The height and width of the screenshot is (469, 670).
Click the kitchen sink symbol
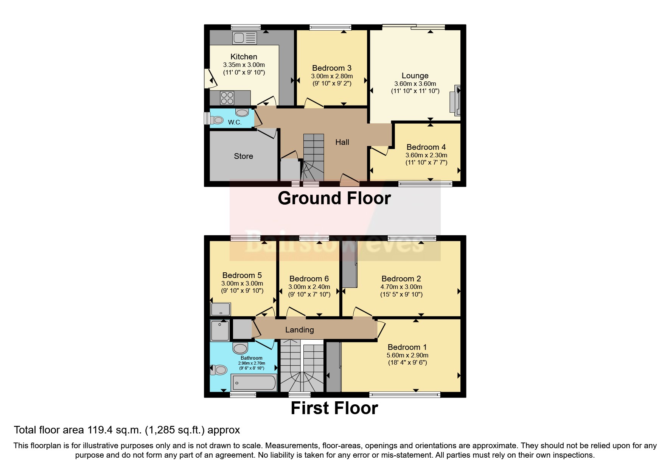point(245,38)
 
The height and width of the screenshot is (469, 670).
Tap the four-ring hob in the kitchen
point(227,98)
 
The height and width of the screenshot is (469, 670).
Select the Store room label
point(243,156)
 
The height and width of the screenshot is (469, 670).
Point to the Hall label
point(342,142)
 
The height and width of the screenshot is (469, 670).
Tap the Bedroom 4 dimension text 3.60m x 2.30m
point(426,155)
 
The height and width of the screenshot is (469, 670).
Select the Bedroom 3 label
point(331,68)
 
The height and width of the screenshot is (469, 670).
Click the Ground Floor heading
point(334,199)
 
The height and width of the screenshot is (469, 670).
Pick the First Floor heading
point(334,408)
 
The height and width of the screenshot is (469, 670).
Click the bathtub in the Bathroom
point(254,382)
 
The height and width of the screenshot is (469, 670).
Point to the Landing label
point(299,330)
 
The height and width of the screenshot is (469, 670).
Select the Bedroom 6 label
point(309,279)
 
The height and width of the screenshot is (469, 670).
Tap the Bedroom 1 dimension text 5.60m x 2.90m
point(407,355)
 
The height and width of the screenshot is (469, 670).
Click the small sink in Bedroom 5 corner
point(221,309)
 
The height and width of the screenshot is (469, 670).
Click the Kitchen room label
point(244,57)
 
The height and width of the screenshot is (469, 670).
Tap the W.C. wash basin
point(242,113)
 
